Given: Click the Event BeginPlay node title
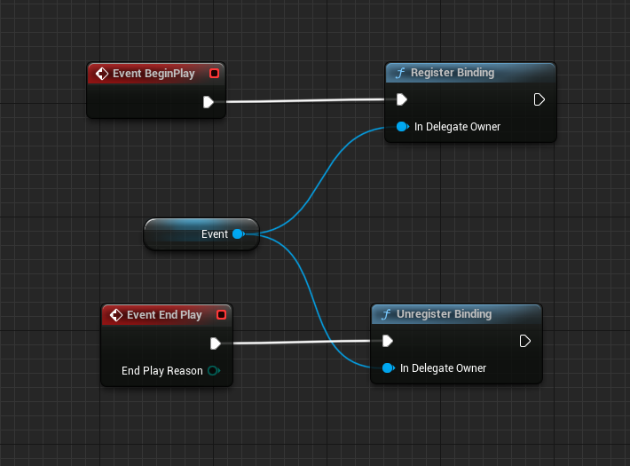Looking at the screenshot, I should point(154,74).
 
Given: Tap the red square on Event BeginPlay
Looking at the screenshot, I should point(213,74).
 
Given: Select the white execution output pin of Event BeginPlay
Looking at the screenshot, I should point(208,101).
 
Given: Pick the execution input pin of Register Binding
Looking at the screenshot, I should point(402,99).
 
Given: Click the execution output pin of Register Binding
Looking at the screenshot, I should point(539,99).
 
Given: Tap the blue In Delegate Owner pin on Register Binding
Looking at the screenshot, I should point(402,127).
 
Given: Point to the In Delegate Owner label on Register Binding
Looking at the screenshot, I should point(457,127).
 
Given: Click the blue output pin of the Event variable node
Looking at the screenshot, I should point(237,234).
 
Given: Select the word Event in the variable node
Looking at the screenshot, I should point(215,234).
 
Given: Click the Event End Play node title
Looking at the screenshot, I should point(164,315).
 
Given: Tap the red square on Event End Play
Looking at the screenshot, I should point(221,315).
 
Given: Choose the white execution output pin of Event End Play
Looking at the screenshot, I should point(216,344).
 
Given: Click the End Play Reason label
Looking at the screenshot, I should point(161,371).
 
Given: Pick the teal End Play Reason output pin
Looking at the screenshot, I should point(213,371).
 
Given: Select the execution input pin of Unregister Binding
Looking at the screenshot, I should point(388,341).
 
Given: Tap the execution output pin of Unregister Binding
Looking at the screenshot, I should point(524,341).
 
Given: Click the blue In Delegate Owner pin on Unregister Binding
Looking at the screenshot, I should point(388,368).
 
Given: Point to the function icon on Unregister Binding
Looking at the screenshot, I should point(385,314).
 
